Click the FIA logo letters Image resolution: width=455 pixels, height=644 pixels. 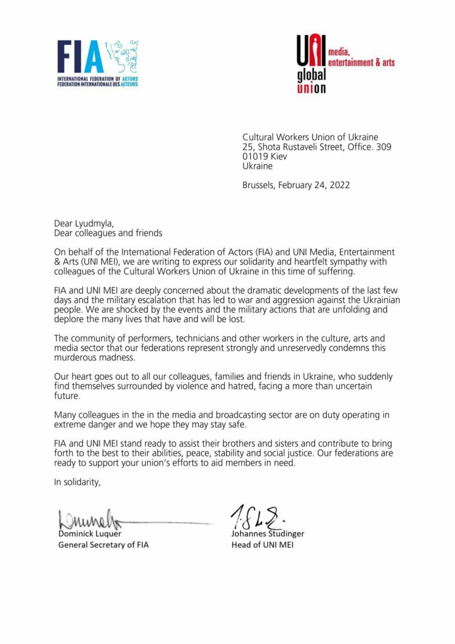(x=80, y=58)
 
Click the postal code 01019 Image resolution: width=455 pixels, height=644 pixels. (x=255, y=157)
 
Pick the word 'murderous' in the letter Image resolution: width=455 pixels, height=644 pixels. (x=75, y=358)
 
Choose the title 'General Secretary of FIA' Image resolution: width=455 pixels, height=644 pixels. (x=104, y=545)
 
